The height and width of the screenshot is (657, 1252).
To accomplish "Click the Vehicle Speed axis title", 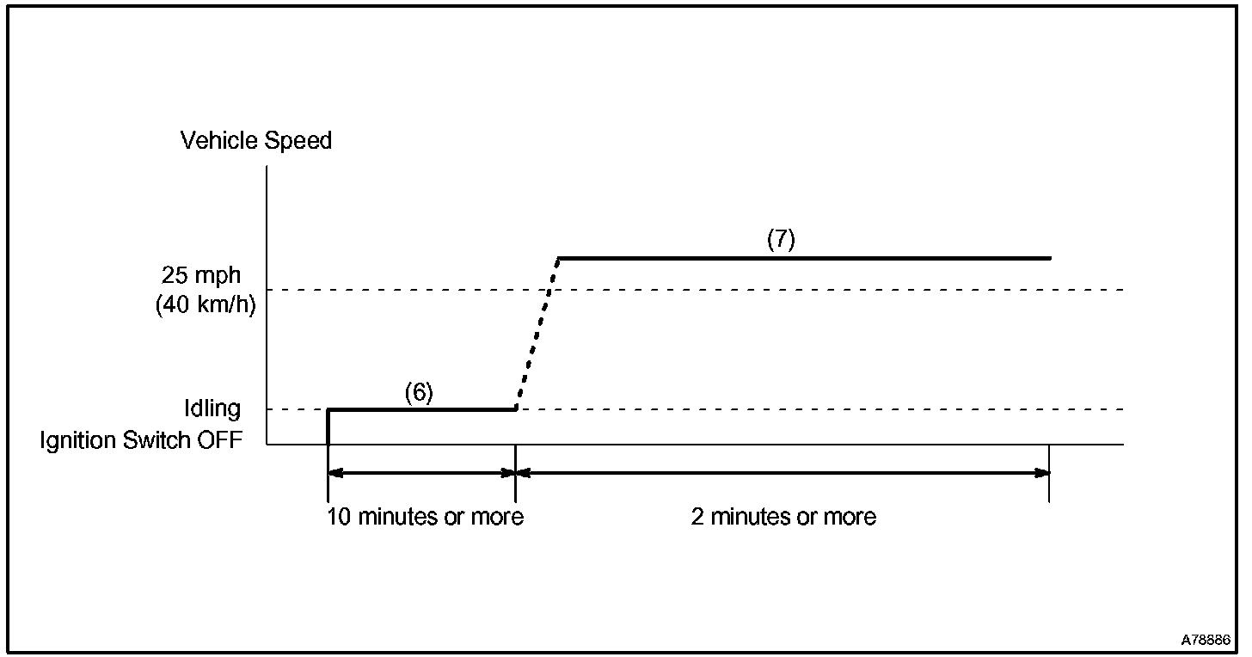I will point(255,141).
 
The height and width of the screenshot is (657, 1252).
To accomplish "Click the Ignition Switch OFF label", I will point(141,440).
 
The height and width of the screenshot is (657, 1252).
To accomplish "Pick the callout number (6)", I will point(419,392).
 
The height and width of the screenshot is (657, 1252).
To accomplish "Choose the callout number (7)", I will point(781,240).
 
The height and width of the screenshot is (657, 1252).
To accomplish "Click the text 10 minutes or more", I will point(425,517).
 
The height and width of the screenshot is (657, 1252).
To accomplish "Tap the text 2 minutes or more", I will point(783,517).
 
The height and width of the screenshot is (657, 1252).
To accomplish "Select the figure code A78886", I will point(1206,641).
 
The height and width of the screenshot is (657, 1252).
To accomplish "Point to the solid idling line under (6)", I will point(421,409).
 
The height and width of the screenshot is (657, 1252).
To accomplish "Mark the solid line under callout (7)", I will point(804,258).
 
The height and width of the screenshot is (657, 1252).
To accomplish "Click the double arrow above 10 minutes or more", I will point(421,472).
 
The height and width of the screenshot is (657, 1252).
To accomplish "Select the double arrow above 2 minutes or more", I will point(782,472).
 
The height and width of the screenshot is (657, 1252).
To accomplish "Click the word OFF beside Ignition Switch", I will point(219,440).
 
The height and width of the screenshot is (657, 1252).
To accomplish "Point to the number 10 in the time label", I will point(338,517).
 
